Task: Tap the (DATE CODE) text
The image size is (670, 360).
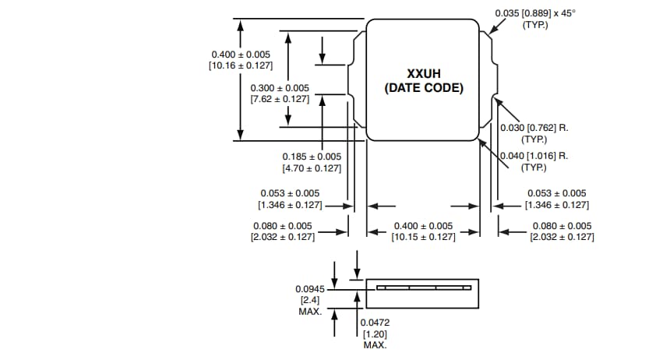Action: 423,88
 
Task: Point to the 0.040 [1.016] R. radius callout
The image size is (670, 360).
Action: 534,156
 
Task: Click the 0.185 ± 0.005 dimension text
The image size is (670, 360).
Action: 312,157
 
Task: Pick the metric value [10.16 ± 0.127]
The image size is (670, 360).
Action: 241,65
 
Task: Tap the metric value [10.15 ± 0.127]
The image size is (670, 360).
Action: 423,237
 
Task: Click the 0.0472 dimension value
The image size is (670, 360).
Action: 375,322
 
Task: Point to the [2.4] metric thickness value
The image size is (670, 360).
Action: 306,300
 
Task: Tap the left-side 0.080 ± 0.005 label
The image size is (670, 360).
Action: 282,226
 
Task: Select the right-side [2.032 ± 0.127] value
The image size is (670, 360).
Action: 561,237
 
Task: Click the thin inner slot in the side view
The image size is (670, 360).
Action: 424,287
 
